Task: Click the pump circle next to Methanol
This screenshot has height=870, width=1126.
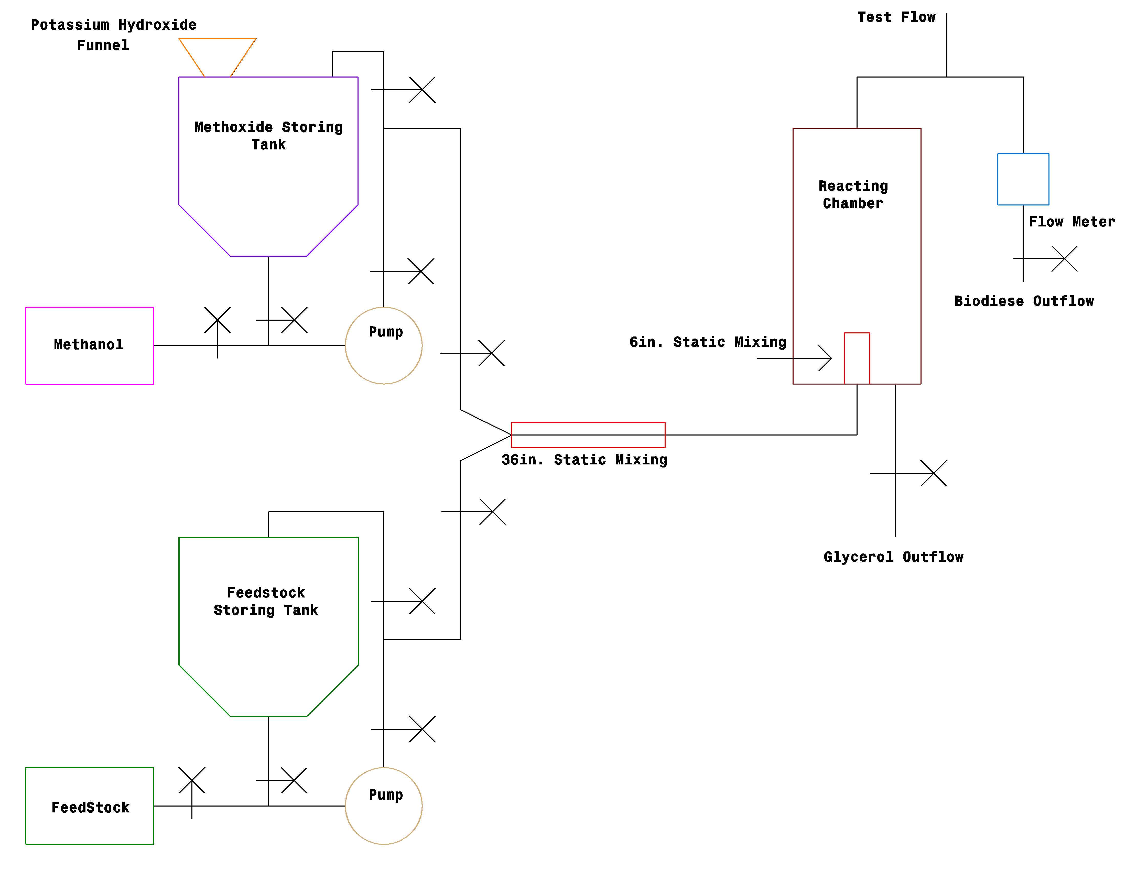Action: [345, 345]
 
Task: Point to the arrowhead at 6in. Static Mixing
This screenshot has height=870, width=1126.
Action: [831, 358]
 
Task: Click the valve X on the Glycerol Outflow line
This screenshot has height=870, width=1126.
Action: [934, 473]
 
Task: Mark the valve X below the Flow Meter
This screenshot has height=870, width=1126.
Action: [1065, 259]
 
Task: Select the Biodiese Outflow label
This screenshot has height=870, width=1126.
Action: [1024, 301]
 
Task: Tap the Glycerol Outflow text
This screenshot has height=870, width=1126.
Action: [893, 557]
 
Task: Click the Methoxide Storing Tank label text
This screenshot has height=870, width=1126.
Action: [269, 136]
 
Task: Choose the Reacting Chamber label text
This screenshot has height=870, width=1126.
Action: [853, 194]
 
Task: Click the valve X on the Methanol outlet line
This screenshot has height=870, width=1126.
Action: [218, 320]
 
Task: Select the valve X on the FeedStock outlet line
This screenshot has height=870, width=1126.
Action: [192, 780]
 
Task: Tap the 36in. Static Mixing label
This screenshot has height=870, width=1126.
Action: [584, 460]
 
